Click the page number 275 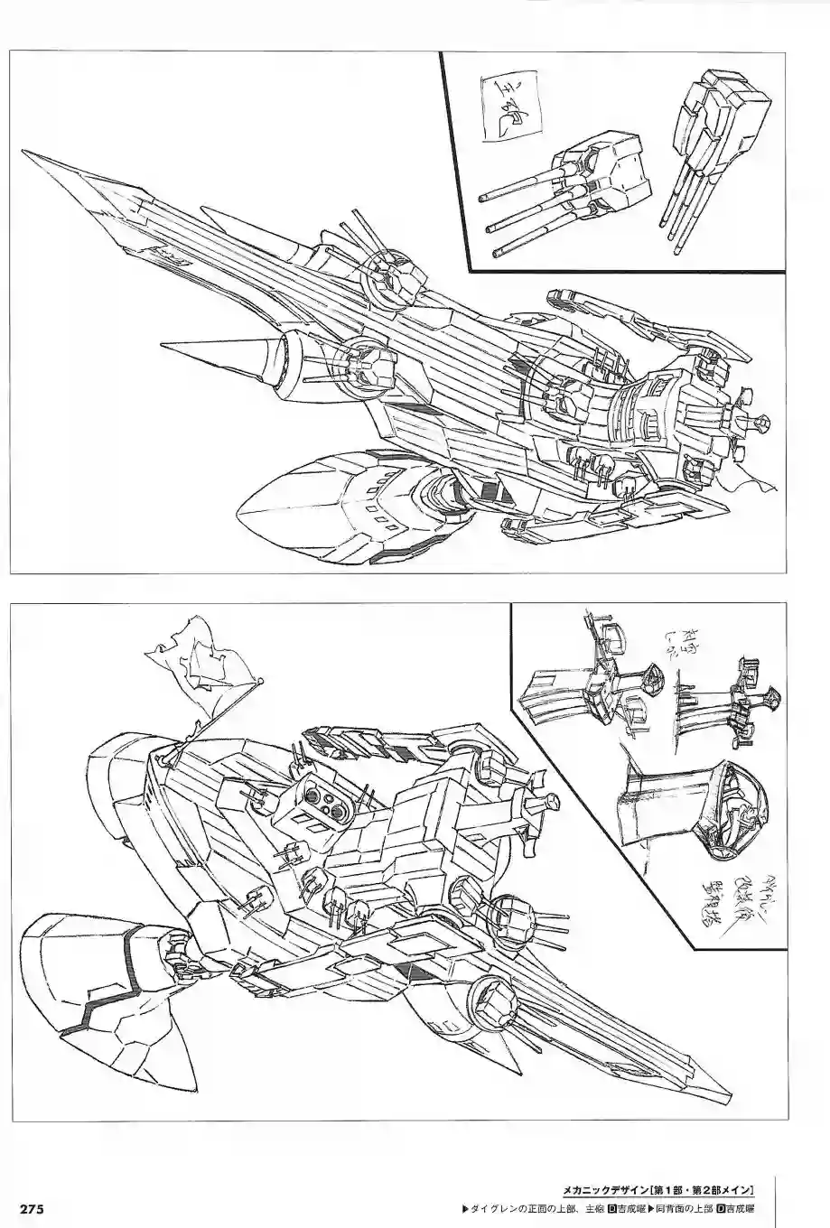point(25,1209)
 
